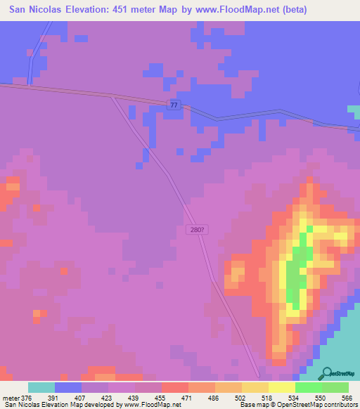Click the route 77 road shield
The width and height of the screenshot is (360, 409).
(x=174, y=104)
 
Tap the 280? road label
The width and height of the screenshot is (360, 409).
(x=198, y=229)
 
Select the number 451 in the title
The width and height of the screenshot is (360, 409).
(x=146, y=10)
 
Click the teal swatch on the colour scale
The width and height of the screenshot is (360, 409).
(x=41, y=387)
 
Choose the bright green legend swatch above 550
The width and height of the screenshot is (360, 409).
(x=309, y=387)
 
